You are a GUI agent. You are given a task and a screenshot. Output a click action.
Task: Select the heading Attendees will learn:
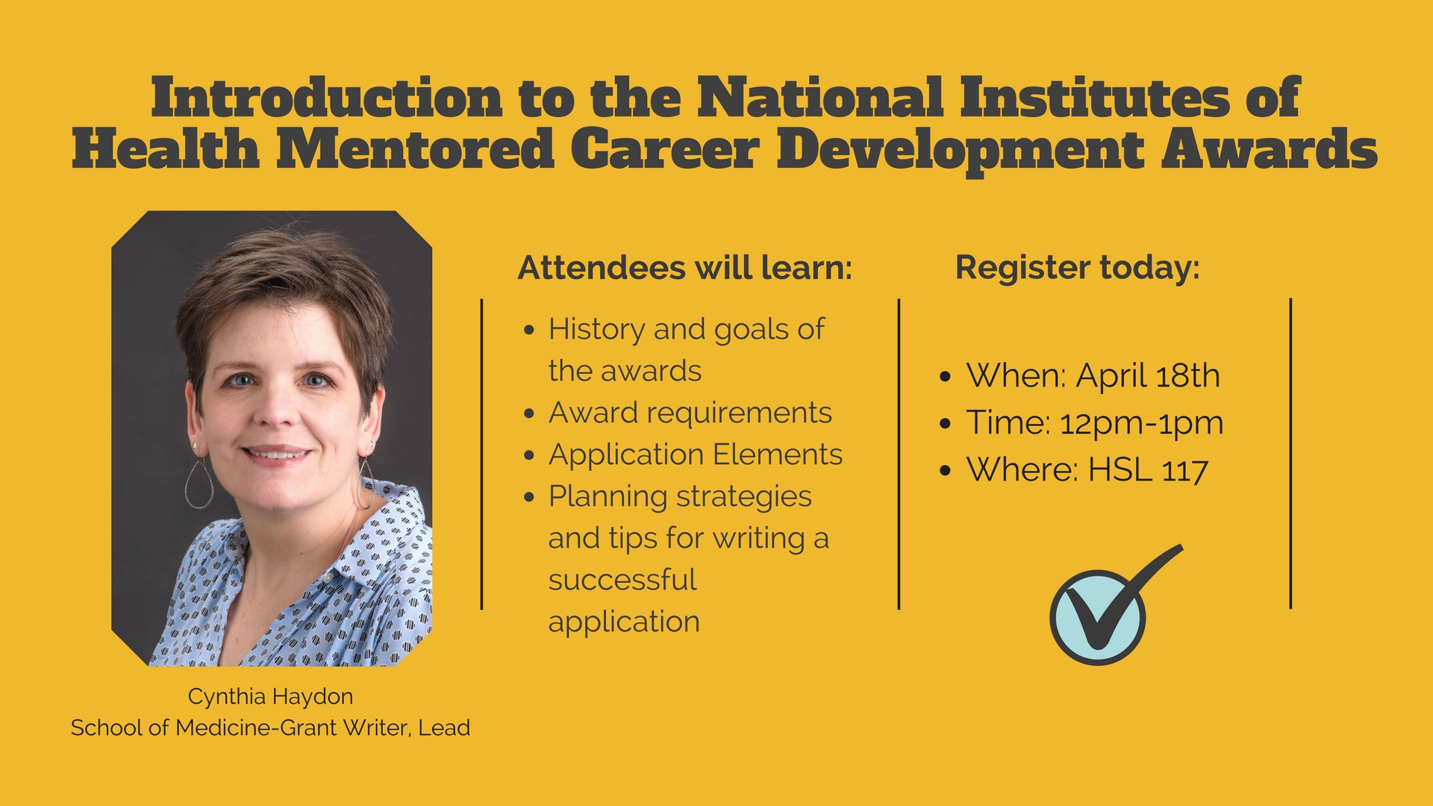click(685, 268)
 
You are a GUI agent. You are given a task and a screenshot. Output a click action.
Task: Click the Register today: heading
click(1078, 268)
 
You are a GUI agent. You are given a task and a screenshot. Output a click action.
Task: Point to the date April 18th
click(1148, 375)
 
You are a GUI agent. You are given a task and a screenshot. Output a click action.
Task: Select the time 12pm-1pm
click(1141, 423)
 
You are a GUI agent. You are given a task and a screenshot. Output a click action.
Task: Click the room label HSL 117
click(1148, 470)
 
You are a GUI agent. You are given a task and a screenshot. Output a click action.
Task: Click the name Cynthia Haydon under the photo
click(270, 697)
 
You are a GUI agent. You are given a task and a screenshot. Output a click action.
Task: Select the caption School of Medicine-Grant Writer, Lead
click(270, 728)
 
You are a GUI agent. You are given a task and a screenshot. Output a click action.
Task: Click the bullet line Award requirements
click(690, 413)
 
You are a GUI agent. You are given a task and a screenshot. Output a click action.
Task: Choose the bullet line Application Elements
click(696, 455)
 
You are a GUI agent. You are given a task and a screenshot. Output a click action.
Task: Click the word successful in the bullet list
click(622, 580)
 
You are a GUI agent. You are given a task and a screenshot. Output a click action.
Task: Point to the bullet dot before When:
click(946, 377)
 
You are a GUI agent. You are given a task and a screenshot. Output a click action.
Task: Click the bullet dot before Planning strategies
click(529, 497)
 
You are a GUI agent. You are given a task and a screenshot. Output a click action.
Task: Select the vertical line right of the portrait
click(482, 454)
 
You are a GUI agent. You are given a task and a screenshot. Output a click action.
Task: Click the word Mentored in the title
click(415, 149)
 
